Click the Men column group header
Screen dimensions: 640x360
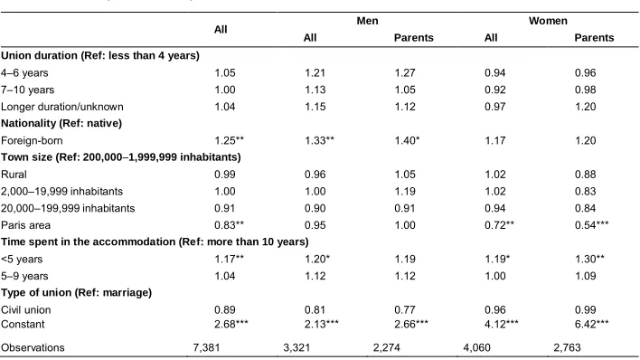[367, 21]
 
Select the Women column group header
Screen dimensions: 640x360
[548, 21]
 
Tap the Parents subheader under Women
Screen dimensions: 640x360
[594, 38]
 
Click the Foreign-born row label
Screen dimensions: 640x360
[32, 140]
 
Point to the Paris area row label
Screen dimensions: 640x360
[25, 225]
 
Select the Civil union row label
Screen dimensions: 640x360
[25, 309]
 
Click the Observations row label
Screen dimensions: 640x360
[33, 347]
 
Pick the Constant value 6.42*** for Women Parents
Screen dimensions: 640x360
[591, 324]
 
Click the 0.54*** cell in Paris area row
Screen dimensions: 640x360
[591, 225]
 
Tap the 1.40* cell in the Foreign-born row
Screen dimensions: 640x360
[407, 140]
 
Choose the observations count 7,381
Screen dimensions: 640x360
[206, 347]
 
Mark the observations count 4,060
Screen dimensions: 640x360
[476, 347]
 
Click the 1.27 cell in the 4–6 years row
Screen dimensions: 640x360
[405, 72]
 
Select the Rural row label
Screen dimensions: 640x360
[14, 175]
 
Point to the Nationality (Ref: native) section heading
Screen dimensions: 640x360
[61, 123]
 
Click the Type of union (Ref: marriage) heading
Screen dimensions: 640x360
[76, 293]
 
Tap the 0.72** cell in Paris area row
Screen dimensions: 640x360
[499, 225]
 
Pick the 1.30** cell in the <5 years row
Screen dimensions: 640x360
[589, 259]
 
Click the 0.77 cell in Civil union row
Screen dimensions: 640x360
[405, 309]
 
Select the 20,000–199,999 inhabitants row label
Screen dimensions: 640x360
[68, 208]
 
